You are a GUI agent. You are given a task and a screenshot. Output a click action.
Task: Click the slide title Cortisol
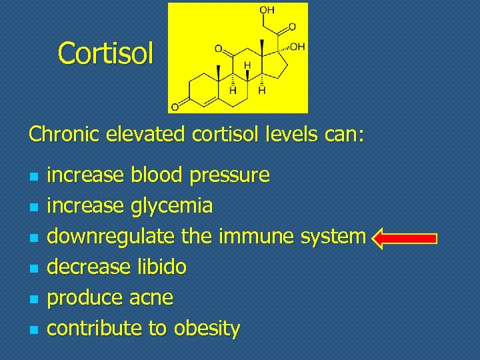coord(106,53)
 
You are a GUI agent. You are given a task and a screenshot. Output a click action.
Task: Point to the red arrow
coord(404,237)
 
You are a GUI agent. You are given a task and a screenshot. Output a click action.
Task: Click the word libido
coord(161,267)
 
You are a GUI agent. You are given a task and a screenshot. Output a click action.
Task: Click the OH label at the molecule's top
coord(267,10)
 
